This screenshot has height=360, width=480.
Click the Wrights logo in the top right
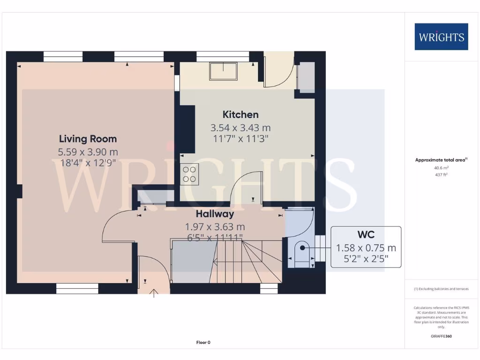pos(441,37)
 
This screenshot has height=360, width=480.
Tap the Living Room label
pos(88,139)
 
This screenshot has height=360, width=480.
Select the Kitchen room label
pos(240,114)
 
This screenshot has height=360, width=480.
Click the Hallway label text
pos(215,214)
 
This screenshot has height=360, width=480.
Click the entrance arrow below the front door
pos(154,293)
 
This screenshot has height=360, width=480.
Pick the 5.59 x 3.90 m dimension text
pos(88,152)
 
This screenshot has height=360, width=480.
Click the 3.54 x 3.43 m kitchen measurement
pos(240,127)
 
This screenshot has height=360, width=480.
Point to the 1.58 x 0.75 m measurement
pos(366,247)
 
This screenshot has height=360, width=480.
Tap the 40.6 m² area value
pos(441,167)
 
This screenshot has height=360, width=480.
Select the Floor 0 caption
pos(203,342)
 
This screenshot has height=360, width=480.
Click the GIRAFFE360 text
pos(441,336)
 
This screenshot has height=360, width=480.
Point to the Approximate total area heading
pos(441,160)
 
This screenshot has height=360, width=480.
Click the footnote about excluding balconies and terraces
pos(441,289)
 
